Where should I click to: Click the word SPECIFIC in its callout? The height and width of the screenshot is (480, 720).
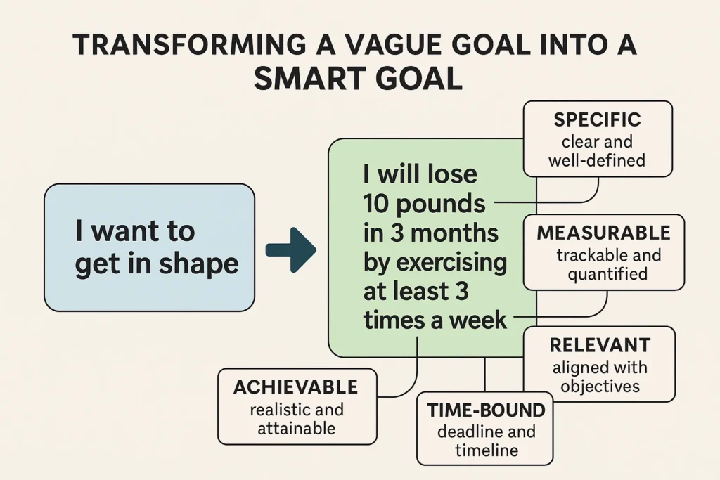[x=598, y=119]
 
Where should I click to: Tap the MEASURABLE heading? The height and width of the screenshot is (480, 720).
[x=603, y=233]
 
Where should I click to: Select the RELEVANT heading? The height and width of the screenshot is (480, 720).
[x=600, y=345]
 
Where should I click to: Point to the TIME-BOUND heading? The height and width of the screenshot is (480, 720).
[x=486, y=410]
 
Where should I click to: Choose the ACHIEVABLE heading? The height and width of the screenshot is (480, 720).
[x=295, y=387]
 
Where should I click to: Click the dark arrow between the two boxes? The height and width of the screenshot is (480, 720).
[x=290, y=249]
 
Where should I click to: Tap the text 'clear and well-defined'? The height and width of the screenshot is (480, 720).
[x=598, y=151]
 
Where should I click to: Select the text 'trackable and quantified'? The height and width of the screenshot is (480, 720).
[x=603, y=264]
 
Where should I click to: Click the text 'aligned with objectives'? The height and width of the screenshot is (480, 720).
[x=600, y=377]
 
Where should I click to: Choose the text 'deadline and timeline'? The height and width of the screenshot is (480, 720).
[x=486, y=441]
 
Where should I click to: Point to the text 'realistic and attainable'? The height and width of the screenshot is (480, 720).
[x=295, y=418]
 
